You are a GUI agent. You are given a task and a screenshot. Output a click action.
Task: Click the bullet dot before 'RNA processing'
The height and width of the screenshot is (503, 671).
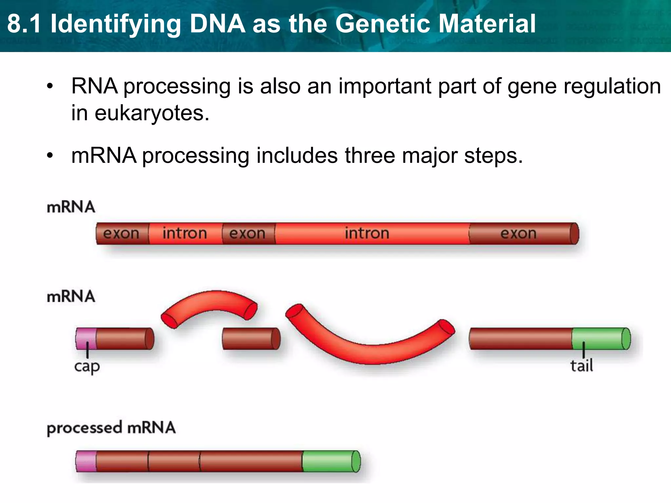(49, 86)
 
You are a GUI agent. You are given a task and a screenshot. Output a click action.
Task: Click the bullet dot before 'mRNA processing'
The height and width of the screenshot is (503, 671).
(49, 156)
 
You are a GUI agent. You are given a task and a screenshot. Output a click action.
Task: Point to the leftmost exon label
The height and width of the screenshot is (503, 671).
(121, 233)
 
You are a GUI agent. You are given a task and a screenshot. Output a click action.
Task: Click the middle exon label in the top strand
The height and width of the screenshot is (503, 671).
(247, 233)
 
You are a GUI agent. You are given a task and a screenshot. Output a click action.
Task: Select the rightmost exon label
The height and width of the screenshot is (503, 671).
(518, 233)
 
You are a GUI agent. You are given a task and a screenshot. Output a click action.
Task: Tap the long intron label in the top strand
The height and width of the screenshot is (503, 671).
(367, 233)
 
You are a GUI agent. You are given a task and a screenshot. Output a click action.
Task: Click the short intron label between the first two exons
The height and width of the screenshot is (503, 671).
(185, 233)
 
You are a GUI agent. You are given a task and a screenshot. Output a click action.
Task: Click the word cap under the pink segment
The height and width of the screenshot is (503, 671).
(87, 366)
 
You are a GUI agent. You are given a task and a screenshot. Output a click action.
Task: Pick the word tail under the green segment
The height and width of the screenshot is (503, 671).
(582, 366)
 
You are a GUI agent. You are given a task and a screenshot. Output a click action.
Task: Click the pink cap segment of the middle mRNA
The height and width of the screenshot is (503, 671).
(86, 339)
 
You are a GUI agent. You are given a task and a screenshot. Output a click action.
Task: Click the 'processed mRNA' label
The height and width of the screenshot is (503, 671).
(111, 428)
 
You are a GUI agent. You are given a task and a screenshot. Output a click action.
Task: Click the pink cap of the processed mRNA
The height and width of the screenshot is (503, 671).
(86, 461)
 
